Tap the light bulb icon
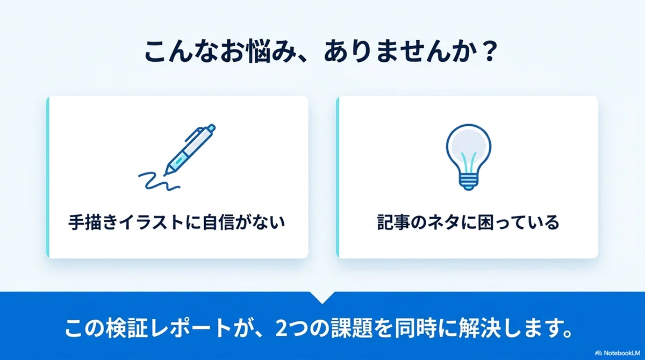(x=469, y=157)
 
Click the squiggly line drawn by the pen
(x=159, y=181)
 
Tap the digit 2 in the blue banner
(x=281, y=328)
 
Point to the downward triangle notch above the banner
(x=322, y=298)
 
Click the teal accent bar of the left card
(x=48, y=177)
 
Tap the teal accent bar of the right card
(x=338, y=177)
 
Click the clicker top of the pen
(x=211, y=128)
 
